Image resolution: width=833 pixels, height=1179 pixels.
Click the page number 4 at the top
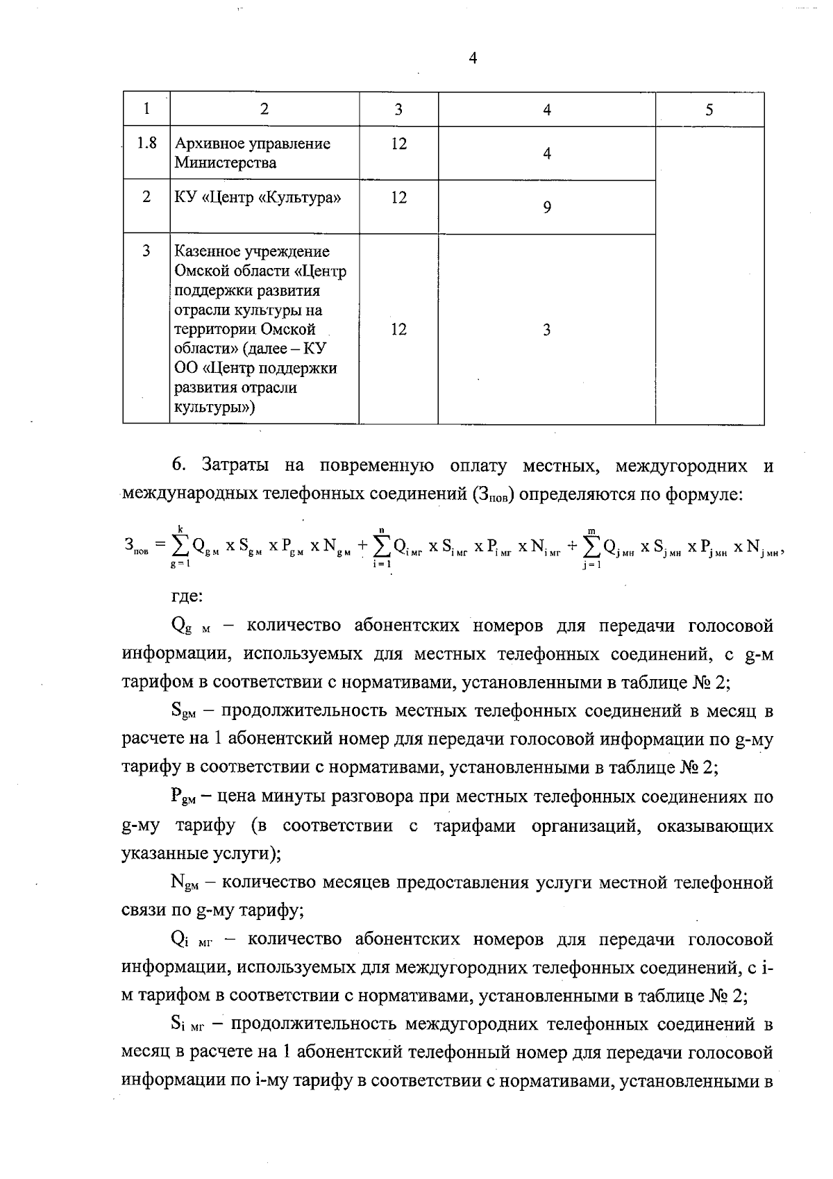pos(473,59)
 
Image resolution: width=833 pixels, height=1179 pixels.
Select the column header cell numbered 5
pos(709,109)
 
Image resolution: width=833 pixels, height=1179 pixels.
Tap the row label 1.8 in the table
pos(146,144)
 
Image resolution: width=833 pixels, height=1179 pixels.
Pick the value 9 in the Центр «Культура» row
pos(547,207)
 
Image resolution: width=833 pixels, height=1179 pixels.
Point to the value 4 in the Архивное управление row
pos(547,153)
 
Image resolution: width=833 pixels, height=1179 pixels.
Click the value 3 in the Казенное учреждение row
pos(547,330)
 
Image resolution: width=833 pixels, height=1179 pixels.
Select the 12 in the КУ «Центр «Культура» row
pos(398,198)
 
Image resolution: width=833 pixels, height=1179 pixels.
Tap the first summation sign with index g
pos(180,547)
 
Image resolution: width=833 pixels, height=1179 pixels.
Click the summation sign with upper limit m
pos(591,548)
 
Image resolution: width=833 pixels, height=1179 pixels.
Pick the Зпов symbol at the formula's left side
pos(136,548)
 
